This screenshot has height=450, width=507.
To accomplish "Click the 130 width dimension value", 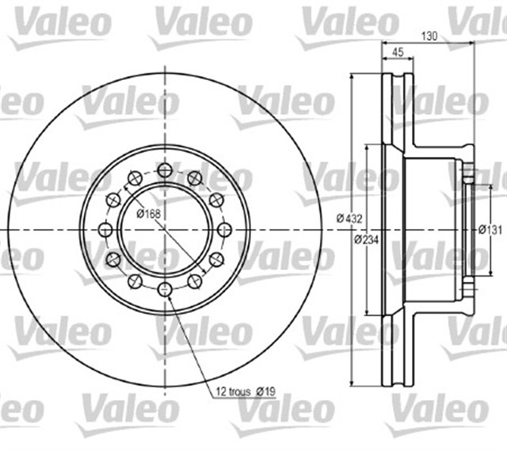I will click(x=429, y=35).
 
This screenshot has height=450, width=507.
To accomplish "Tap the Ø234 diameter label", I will click(x=364, y=239).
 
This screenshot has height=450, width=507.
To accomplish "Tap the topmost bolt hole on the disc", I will click(x=164, y=169).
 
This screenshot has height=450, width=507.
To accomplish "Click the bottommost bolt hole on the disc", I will click(x=164, y=289).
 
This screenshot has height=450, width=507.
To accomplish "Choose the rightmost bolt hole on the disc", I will click(x=224, y=229).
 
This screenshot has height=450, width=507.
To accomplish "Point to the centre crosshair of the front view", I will click(x=164, y=229).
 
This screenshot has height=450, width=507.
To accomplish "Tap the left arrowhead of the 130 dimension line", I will click(x=383, y=43).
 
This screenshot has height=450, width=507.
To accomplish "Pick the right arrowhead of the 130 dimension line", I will click(x=473, y=43).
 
